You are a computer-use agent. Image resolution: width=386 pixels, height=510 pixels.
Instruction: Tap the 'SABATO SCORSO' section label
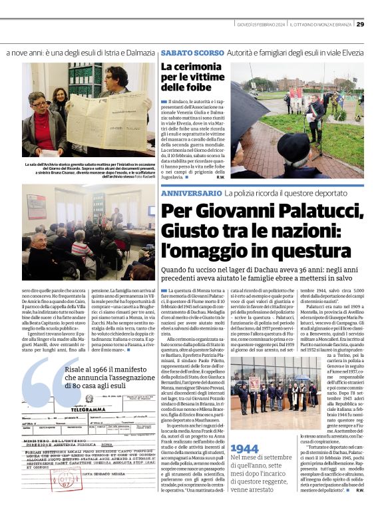[x=182, y=52]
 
